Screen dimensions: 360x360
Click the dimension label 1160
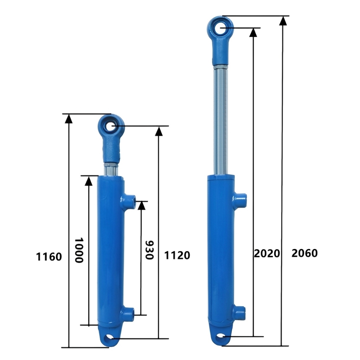(49, 256)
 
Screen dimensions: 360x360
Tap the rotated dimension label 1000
(79, 250)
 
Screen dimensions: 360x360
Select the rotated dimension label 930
(149, 250)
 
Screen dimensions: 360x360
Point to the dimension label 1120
(177, 255)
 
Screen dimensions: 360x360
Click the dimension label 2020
(267, 253)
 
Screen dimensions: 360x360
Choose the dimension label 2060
(305, 253)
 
